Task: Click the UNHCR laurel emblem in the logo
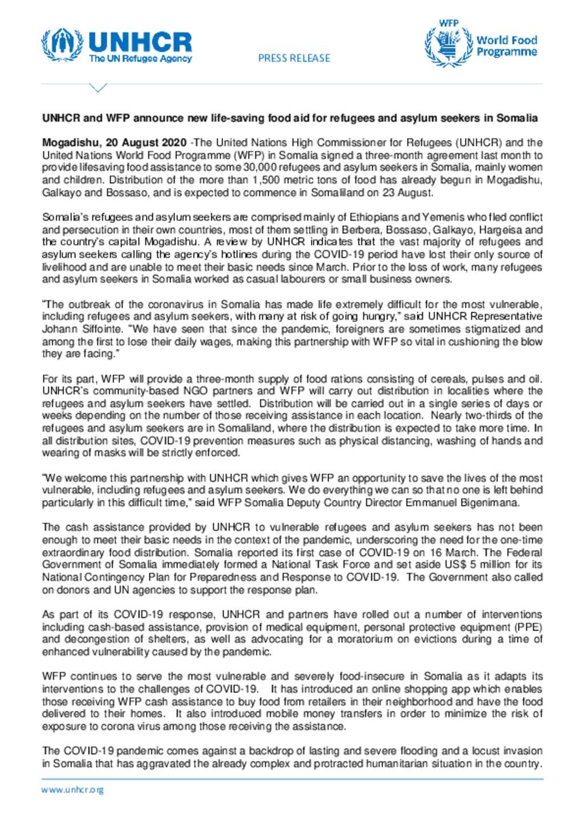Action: (62, 46)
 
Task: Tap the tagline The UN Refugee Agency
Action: (140, 59)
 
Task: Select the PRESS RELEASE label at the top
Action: (294, 58)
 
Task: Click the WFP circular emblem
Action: (449, 46)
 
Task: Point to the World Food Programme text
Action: (506, 46)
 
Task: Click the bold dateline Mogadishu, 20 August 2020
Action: (114, 143)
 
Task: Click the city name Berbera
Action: (361, 230)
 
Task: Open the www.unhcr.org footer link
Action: (72, 790)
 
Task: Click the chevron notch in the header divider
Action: (99, 88)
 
